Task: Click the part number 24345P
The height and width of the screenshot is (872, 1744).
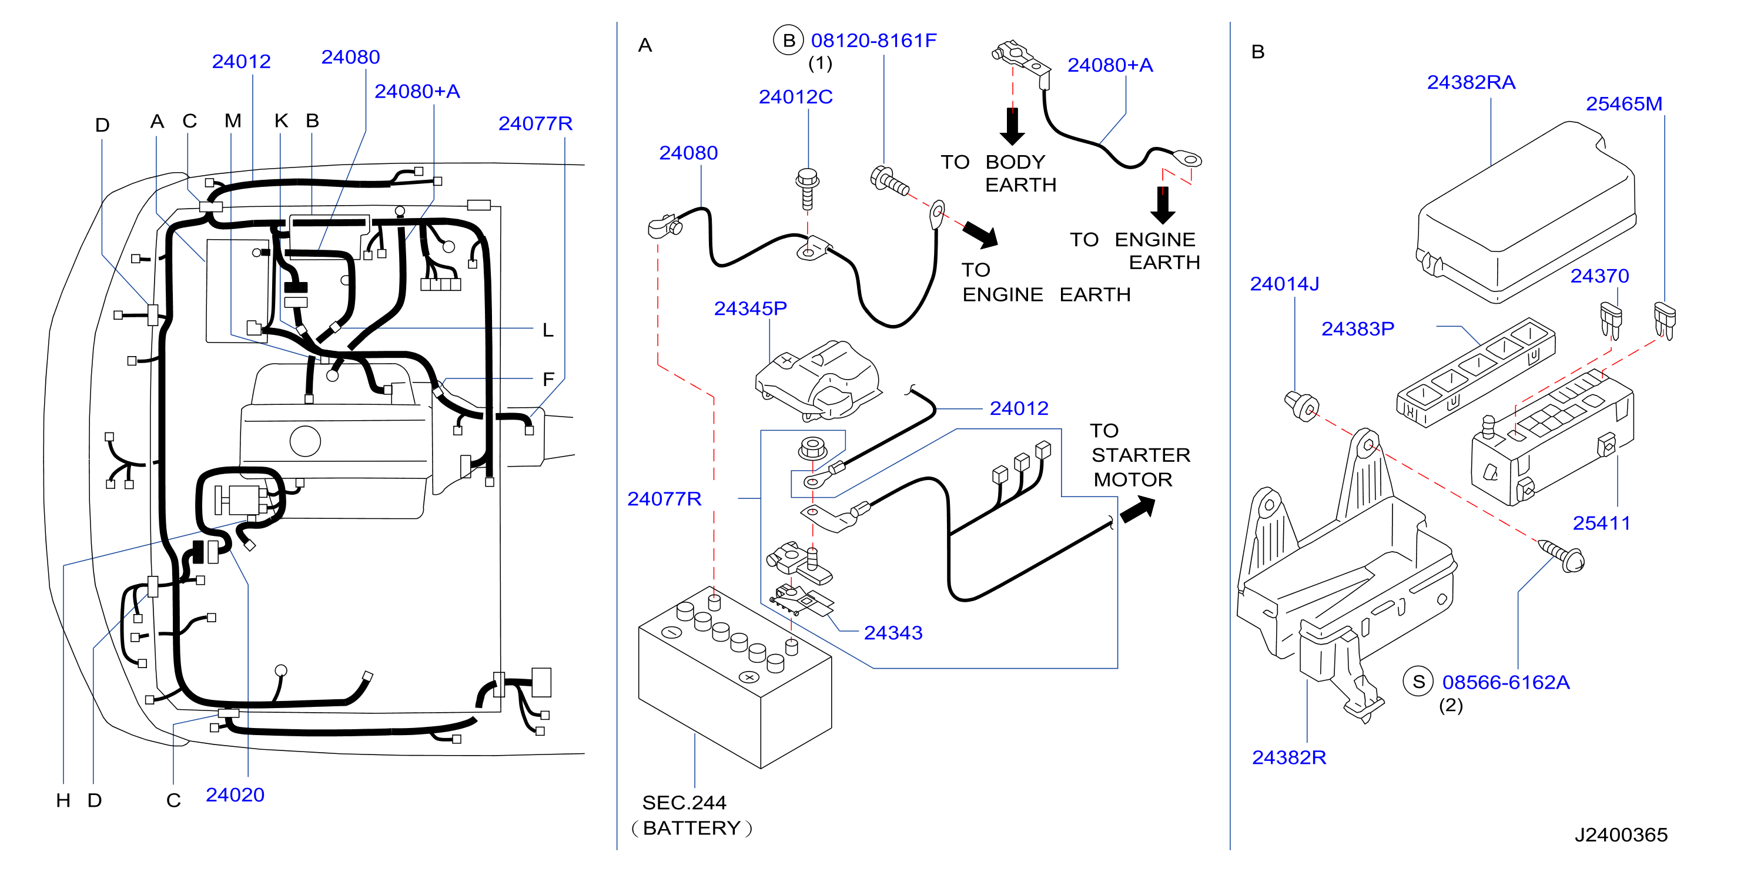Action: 750,308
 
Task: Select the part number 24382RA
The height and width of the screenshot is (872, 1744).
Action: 1471,83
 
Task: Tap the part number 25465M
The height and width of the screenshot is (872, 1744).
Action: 1624,104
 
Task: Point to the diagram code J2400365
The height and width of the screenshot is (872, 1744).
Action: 1621,835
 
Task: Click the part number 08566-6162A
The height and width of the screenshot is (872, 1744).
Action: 1506,682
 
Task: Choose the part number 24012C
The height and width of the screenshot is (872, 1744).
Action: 795,98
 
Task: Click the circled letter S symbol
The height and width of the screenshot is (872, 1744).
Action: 1418,682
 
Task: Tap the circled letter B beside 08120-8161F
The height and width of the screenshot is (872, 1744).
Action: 789,41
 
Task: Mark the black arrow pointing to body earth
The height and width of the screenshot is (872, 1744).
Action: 1012,126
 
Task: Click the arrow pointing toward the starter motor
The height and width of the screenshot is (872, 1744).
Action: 1138,509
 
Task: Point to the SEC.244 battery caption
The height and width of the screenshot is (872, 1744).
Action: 691,815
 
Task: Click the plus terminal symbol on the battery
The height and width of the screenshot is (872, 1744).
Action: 749,677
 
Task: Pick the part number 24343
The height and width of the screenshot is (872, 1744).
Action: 893,633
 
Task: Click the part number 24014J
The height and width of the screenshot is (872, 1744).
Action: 1284,284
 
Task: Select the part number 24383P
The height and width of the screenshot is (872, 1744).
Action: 1357,329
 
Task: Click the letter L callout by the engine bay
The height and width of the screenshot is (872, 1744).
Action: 548,330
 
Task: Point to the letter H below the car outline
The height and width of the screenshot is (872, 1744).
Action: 63,801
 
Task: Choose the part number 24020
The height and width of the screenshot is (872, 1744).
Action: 235,795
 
